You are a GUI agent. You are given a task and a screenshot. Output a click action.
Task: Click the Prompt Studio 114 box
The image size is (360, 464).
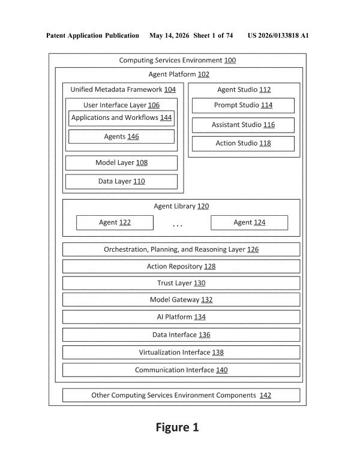pos(243,106)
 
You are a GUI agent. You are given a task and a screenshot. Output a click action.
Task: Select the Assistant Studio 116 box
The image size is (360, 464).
pos(243,125)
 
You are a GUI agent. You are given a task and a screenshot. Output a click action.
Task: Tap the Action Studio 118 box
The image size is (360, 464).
pos(243,143)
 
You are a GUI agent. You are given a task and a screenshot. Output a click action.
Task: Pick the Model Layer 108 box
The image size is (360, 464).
pos(121,162)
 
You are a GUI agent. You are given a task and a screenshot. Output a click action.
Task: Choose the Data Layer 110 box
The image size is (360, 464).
pos(121,182)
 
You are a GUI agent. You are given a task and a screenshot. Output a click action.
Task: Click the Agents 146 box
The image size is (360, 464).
pos(121,137)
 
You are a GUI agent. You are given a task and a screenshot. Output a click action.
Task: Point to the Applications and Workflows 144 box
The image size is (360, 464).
pos(121,118)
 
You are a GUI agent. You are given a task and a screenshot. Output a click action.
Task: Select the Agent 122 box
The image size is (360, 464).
pos(115,222)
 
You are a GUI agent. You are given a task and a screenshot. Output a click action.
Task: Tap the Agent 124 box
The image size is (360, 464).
pos(249,222)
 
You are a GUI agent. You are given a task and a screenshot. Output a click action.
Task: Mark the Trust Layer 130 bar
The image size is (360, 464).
pos(181,283)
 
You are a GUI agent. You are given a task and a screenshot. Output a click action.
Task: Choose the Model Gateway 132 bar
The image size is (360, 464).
pos(181,300)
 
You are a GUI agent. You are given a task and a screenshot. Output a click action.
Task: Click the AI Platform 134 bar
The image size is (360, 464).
pos(181,317)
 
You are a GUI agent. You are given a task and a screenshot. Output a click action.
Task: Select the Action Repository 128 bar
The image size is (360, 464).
pos(181,266)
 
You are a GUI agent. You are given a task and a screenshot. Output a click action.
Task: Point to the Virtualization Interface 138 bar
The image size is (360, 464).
pos(181,352)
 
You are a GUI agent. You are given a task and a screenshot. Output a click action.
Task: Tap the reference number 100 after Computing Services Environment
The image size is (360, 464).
pos(230,61)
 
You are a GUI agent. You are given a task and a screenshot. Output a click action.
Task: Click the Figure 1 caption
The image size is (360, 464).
pos(178,427)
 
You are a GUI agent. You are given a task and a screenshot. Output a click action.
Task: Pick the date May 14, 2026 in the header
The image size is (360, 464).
pos(169,36)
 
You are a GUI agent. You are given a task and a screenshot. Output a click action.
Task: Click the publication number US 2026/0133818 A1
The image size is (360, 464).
pos(278,36)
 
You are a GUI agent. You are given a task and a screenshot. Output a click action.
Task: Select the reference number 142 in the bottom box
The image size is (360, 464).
pos(265,395)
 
